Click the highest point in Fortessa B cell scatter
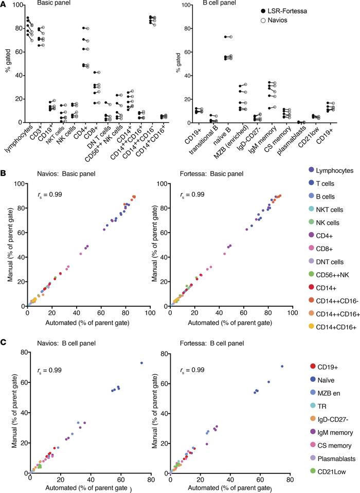pyautogui.click(x=282, y=366)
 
